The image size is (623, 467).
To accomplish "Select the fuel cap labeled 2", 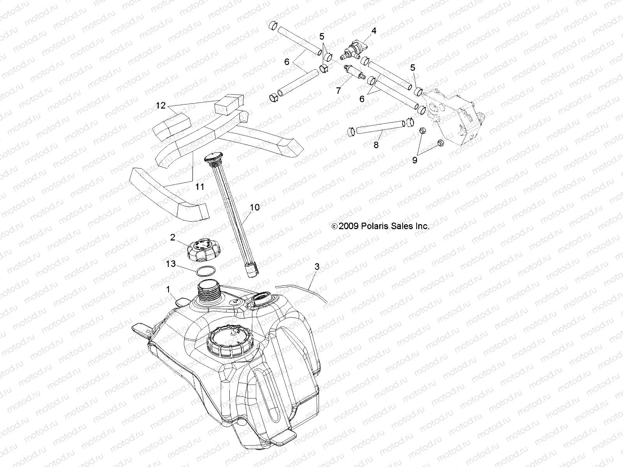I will [202, 249].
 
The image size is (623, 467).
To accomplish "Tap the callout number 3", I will [317, 267].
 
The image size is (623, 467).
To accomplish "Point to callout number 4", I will [374, 30].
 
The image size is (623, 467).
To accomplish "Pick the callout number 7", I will [338, 91].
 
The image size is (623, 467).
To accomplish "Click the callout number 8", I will [376, 145].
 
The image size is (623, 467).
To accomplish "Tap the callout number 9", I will [414, 160].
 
